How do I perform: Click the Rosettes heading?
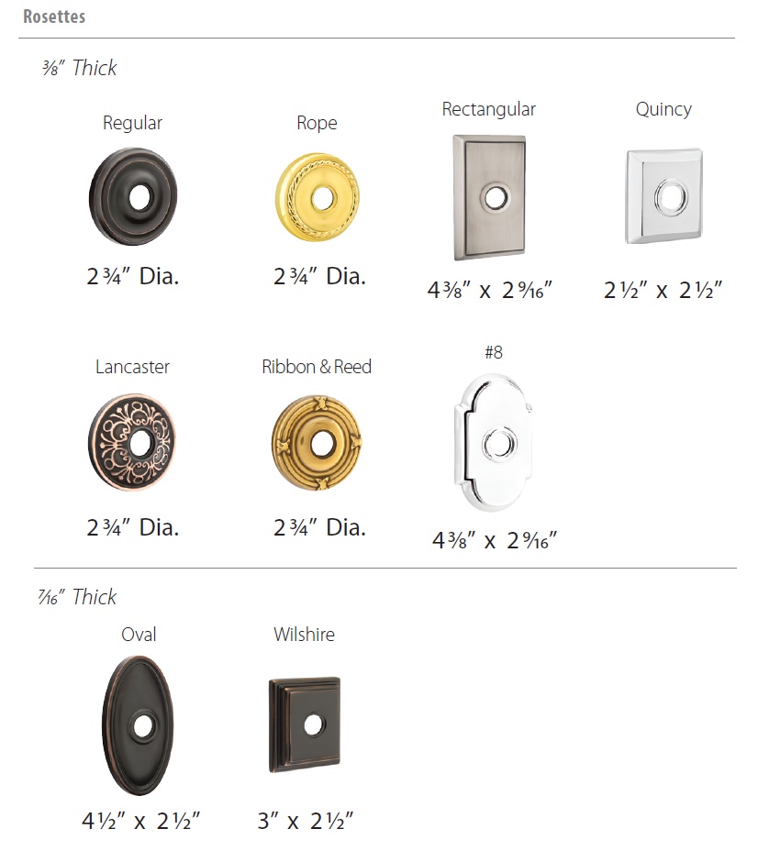pos(54,17)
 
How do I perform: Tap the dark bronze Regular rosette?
pos(133,196)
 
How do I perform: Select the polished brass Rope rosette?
pos(318,197)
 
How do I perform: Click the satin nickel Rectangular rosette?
pos(489,197)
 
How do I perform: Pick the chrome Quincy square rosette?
pos(663,196)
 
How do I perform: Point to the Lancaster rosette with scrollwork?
pos(132,442)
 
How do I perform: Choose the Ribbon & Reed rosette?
pos(318,443)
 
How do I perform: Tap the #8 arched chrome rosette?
pos(493,442)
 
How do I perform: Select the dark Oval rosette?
pos(139,725)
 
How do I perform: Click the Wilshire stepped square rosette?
pos(305,724)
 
